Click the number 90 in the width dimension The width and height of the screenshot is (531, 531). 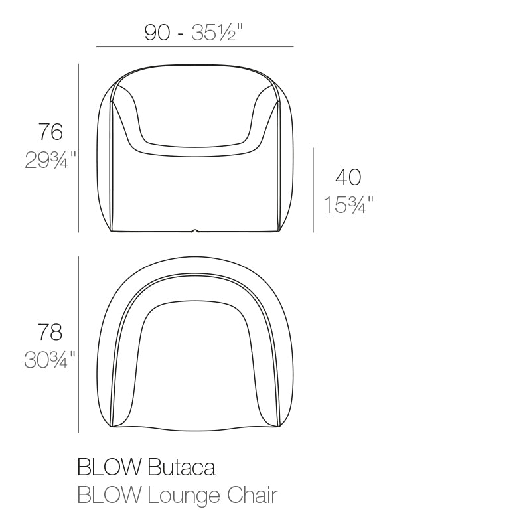click(158, 33)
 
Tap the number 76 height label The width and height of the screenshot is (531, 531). click(50, 132)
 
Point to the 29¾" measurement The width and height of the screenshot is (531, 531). click(50, 160)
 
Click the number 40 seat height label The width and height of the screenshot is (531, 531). click(348, 177)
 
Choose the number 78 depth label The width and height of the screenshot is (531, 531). click(50, 331)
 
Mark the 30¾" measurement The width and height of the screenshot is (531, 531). click(50, 360)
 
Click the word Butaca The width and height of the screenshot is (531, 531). click(181, 468)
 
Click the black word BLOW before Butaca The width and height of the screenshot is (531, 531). click(110, 468)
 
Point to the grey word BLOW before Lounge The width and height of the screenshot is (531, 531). click(110, 495)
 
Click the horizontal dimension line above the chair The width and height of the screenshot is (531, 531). click(194, 47)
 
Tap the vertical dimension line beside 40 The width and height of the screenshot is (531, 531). click(313, 190)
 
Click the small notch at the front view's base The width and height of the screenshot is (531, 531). click(194, 231)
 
